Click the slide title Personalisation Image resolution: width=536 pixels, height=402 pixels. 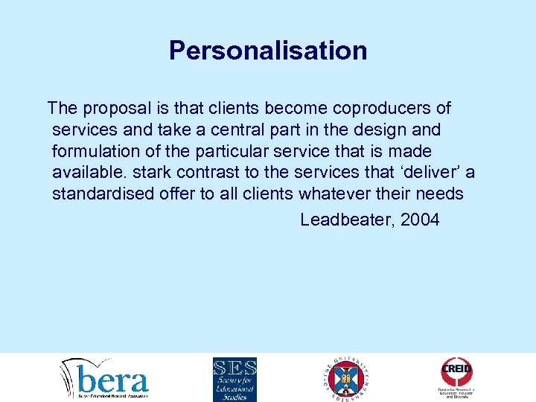268,51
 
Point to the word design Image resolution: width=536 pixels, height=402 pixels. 380,130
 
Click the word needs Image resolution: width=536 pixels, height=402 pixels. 439,195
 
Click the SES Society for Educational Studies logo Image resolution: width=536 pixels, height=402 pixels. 234,379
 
